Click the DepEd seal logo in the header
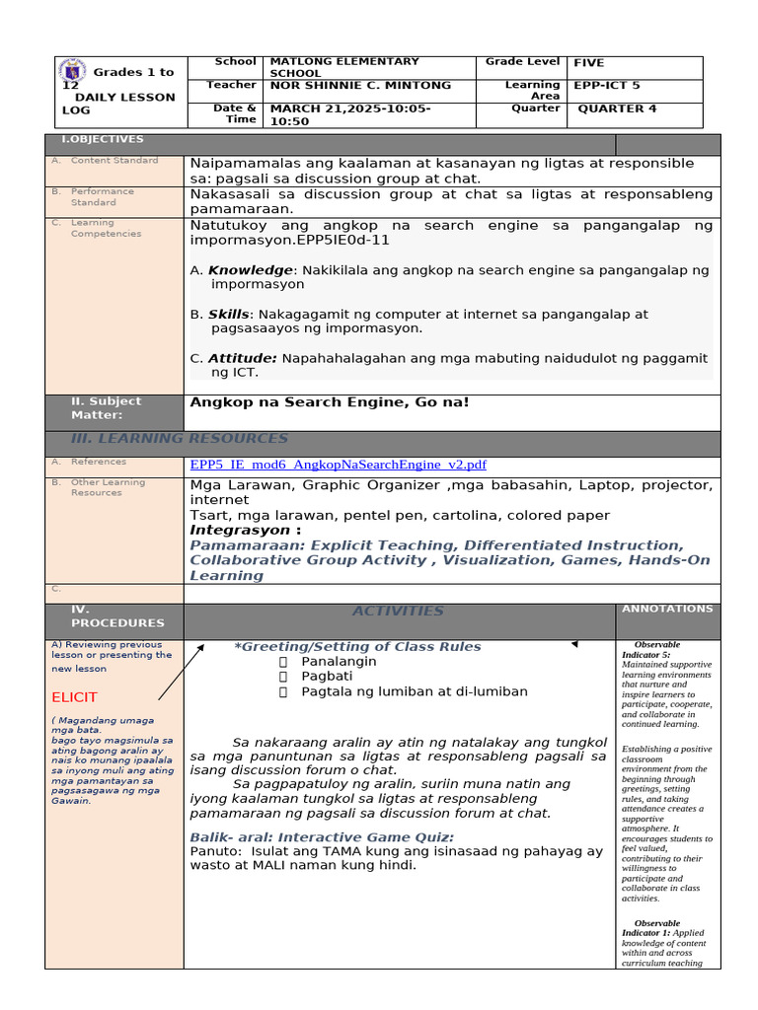(x=73, y=74)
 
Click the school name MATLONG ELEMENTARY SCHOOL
(x=344, y=67)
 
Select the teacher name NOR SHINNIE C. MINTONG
(x=360, y=86)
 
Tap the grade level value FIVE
(x=589, y=62)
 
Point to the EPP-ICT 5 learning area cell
(x=607, y=86)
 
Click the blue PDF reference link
(x=338, y=465)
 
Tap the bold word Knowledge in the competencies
(x=250, y=270)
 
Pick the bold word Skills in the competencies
(x=228, y=315)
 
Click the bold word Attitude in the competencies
(x=242, y=359)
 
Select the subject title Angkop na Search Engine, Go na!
(x=329, y=402)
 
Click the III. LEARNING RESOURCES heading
(x=180, y=438)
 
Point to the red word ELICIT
(x=75, y=697)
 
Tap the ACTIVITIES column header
(x=398, y=612)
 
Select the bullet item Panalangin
(x=339, y=662)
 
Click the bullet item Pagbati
(x=327, y=677)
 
